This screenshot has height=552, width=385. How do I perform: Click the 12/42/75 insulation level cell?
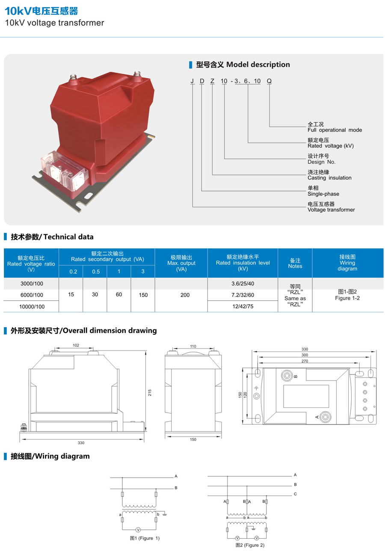point(242,307)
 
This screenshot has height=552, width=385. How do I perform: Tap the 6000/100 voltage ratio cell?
point(32,295)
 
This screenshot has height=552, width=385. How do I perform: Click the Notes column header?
point(295,263)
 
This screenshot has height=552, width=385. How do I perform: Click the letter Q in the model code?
point(269,81)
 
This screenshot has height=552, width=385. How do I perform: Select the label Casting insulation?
point(329,178)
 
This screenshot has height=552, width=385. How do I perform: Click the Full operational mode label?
point(335,130)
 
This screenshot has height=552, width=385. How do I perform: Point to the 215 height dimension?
point(150,393)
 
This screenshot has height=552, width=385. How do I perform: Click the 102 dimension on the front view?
point(76,345)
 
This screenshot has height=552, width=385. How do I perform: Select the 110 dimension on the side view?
point(192,346)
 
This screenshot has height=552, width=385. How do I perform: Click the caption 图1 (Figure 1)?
point(145,538)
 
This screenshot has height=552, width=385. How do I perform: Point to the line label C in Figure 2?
point(295,494)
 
